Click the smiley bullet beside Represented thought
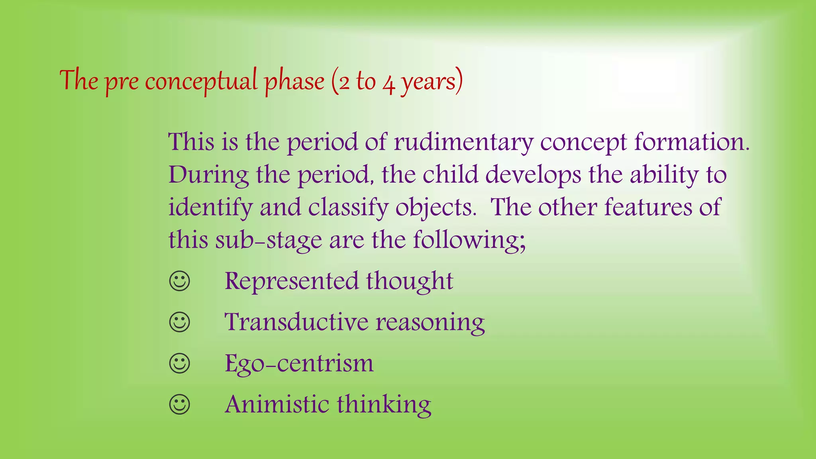pyautogui.click(x=180, y=281)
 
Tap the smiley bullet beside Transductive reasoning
pyautogui.click(x=180, y=322)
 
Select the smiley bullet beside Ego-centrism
pyautogui.click(x=180, y=363)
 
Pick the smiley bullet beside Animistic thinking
pyautogui.click(x=180, y=405)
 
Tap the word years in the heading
pyautogui.click(x=428, y=82)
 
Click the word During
pyautogui.click(x=208, y=175)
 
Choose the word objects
pyautogui.click(x=436, y=208)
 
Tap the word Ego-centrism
pyautogui.click(x=299, y=363)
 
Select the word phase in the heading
pyautogui.click(x=295, y=81)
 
